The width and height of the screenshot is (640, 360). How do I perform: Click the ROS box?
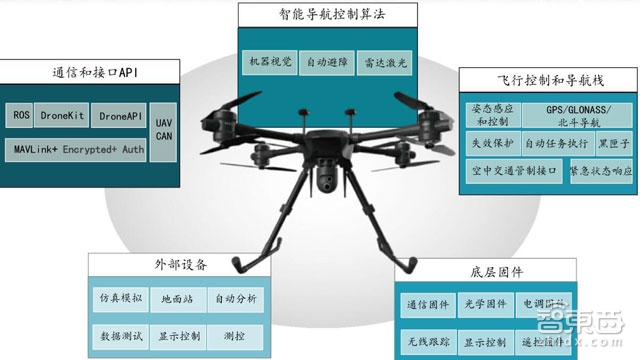(21, 116)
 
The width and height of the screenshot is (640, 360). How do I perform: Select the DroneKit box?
(64, 116)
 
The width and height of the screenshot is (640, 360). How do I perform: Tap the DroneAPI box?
(120, 116)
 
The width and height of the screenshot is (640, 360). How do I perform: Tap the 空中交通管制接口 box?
(513, 170)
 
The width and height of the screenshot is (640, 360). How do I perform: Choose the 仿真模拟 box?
(121, 298)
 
